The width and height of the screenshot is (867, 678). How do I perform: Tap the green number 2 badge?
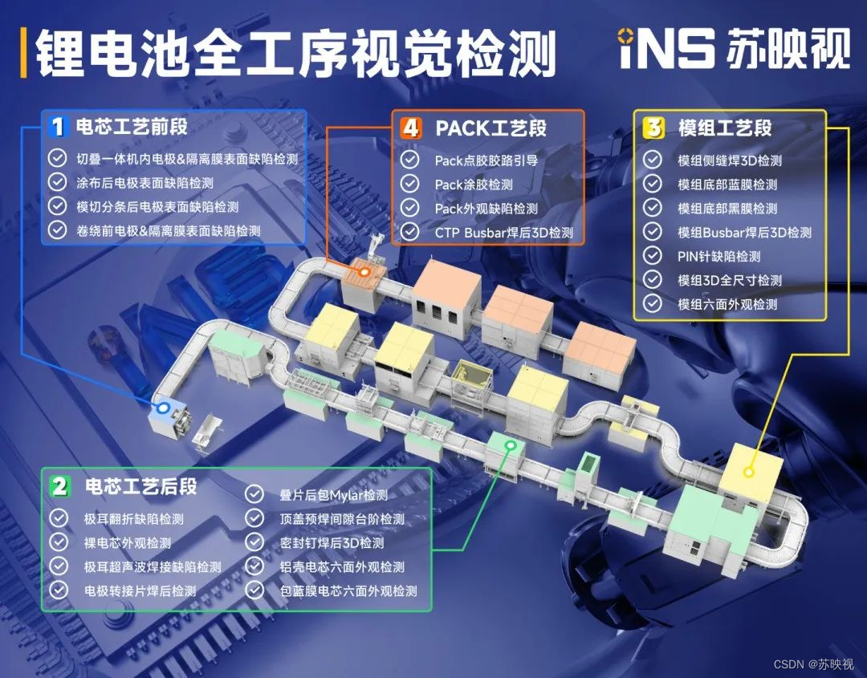(59, 486)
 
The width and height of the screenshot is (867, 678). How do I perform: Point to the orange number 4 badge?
(411, 127)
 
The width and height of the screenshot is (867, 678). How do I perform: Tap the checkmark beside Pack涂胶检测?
(410, 185)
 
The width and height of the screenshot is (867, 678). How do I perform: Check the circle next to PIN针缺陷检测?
(653, 257)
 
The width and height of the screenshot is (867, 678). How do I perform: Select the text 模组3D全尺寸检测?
(730, 281)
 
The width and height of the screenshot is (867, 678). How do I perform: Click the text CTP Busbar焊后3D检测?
(504, 233)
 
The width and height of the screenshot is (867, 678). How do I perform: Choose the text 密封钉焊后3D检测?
(332, 543)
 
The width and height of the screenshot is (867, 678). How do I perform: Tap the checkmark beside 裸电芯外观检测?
(59, 543)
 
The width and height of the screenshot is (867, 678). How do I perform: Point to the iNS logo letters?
(666, 49)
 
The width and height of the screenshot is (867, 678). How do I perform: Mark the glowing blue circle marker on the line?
(164, 408)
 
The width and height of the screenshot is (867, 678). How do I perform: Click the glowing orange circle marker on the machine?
(365, 272)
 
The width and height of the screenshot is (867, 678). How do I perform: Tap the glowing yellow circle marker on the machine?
(749, 473)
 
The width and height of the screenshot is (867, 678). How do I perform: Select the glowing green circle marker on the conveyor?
(509, 444)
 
